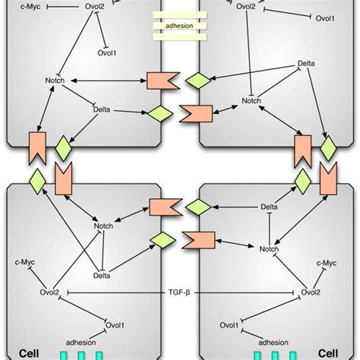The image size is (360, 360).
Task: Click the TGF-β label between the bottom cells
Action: [x=180, y=291]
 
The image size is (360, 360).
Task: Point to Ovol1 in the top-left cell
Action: [x=107, y=54]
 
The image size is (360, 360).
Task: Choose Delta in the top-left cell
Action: [x=102, y=110]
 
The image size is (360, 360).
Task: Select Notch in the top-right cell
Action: [x=251, y=100]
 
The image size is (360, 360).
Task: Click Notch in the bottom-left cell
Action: [x=103, y=225]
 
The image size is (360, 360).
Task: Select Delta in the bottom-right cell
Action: [x=269, y=207]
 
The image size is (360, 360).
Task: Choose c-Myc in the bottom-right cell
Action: [x=326, y=263]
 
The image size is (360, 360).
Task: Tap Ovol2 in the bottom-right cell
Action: [x=309, y=292]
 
